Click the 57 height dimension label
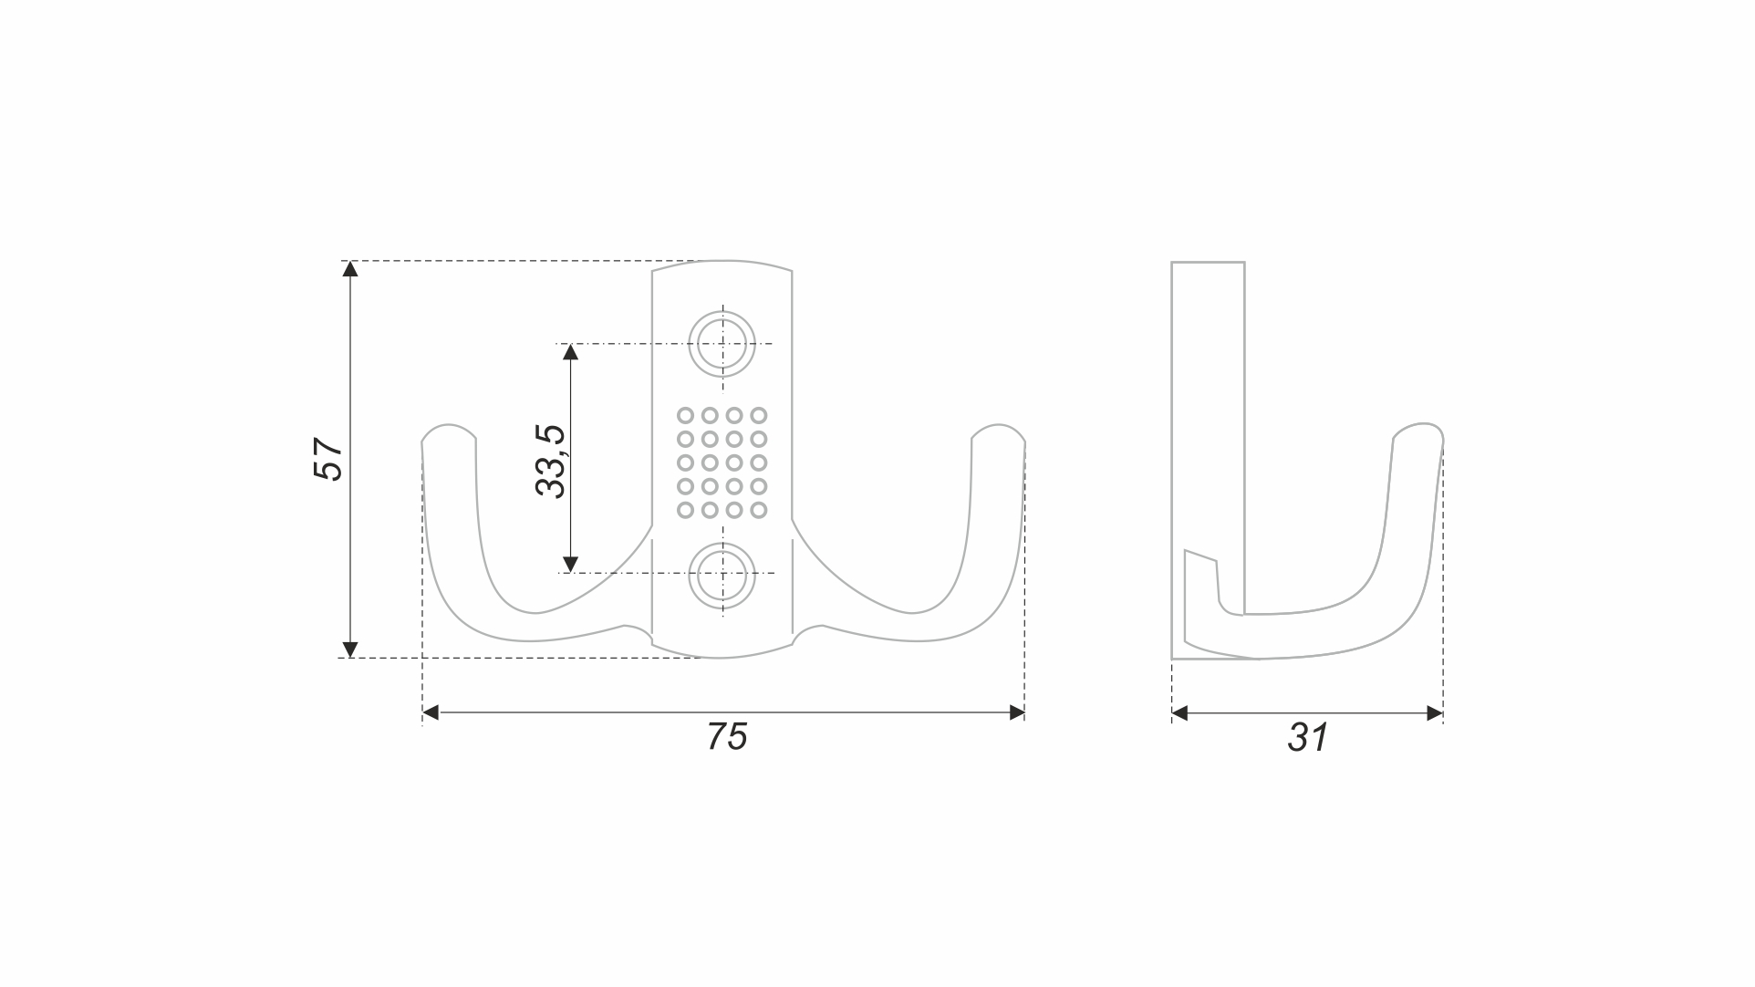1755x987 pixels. coord(327,459)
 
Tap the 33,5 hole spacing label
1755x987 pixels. coord(551,462)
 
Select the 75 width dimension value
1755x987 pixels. coord(727,736)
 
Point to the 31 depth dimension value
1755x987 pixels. coord(1308,737)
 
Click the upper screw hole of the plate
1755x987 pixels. coord(722,344)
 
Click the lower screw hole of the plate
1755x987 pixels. coord(722,577)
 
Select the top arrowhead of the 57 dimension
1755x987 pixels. coord(349,268)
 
